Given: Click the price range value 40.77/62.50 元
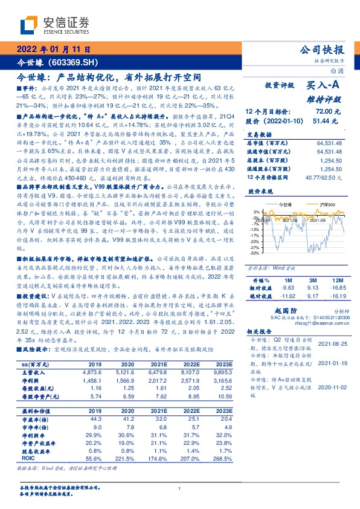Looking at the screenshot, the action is point(325,176).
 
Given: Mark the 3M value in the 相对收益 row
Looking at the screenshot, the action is point(297,289).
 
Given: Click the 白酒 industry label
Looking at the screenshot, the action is point(336,71).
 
